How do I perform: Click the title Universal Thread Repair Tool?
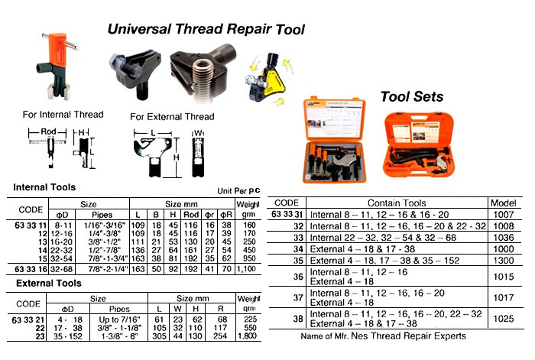(206, 31)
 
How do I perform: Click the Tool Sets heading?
(411, 97)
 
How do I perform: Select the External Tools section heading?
(48, 284)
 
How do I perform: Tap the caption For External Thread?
(173, 117)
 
